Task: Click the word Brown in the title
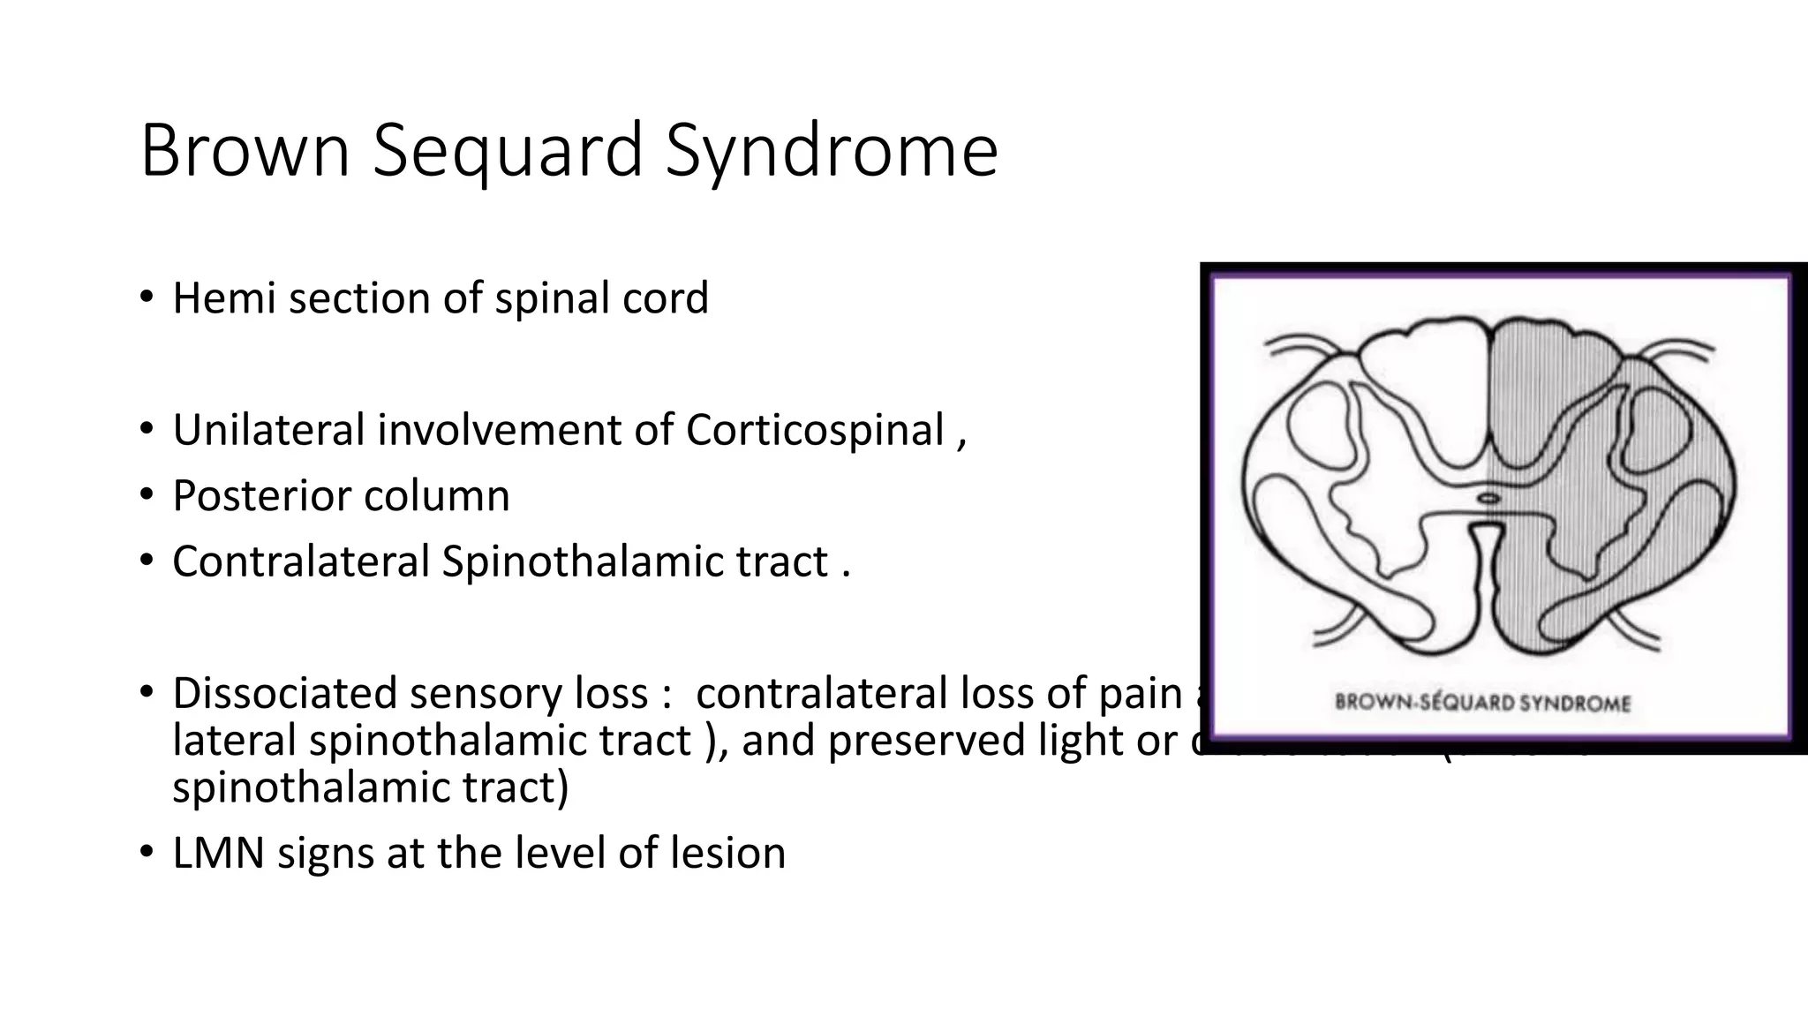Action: [245, 150]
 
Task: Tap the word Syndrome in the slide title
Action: [831, 152]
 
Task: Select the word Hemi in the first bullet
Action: [224, 298]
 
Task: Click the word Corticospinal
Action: [815, 431]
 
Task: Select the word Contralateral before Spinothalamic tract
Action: [300, 561]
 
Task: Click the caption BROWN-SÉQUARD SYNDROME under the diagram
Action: [1482, 704]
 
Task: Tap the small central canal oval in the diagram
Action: [1489, 498]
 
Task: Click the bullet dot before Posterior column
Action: [146, 495]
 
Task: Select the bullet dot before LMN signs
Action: [146, 853]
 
